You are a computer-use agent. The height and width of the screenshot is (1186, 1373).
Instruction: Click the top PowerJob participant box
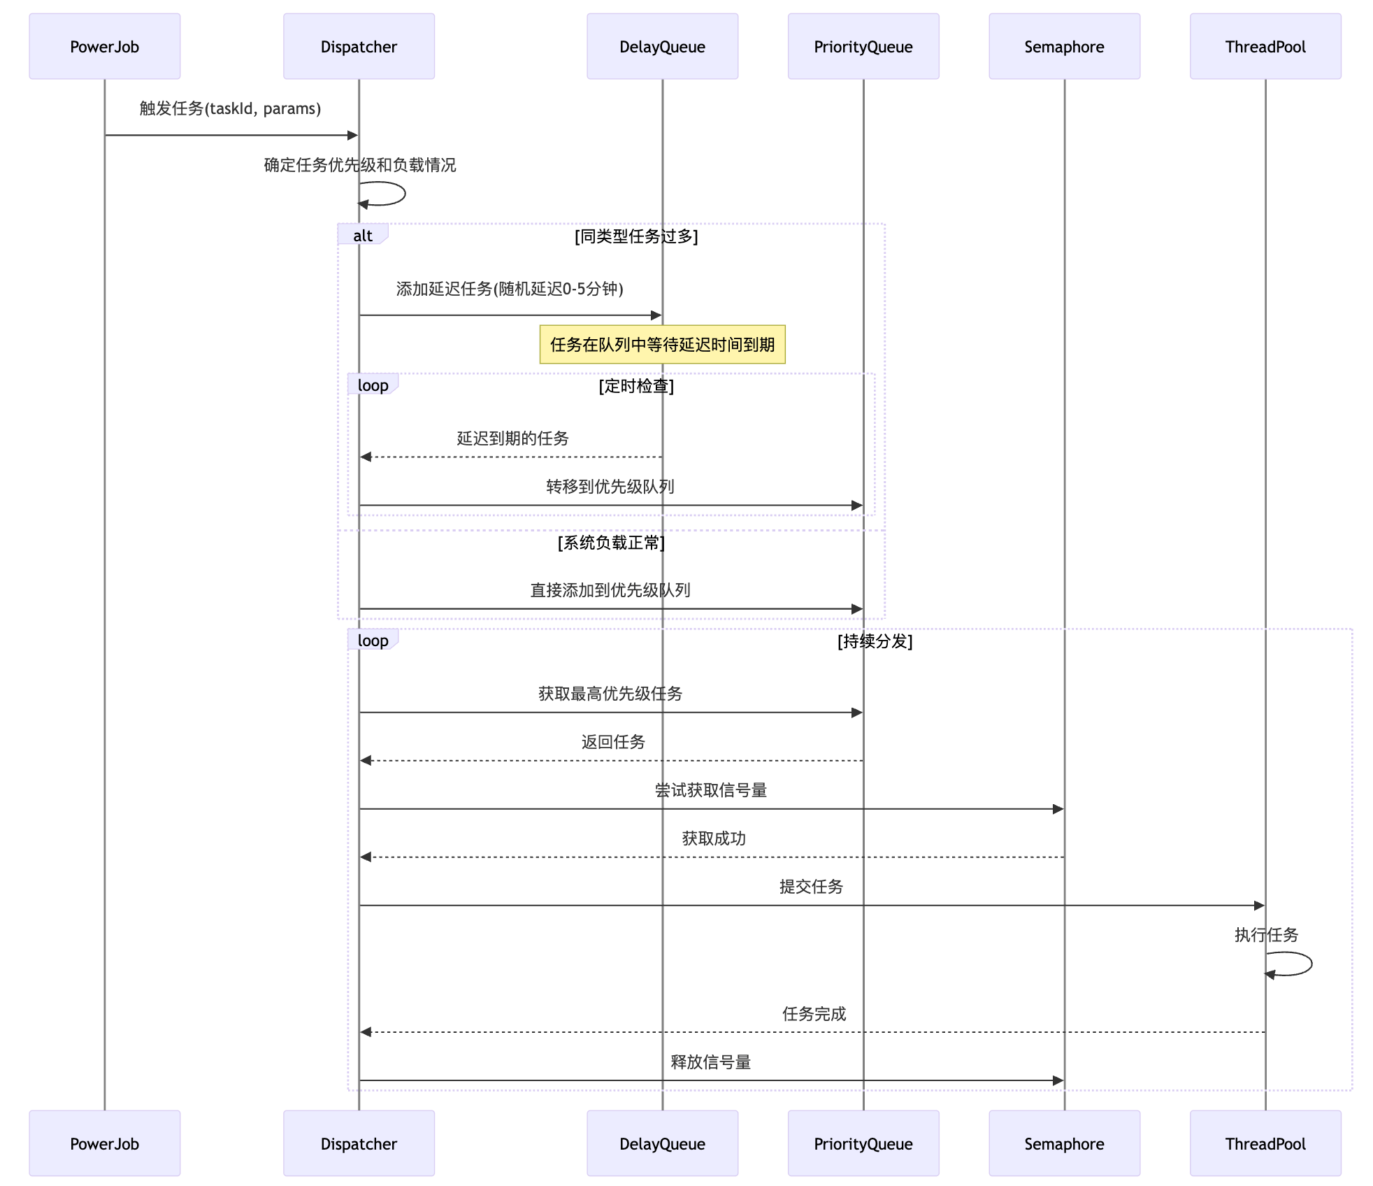(x=105, y=46)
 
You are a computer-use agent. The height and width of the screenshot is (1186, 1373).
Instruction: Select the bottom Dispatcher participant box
(x=359, y=1143)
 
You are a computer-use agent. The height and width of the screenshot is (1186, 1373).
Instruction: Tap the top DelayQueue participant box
(x=662, y=46)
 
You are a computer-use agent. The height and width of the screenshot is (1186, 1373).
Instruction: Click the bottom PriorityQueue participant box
(x=863, y=1143)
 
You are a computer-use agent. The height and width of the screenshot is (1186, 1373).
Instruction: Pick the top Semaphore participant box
(x=1064, y=46)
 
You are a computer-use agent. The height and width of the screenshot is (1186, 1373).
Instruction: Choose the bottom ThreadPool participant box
(x=1265, y=1143)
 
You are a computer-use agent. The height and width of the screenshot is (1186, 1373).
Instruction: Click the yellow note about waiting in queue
(x=662, y=344)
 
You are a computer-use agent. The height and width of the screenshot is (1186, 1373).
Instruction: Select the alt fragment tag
(x=362, y=235)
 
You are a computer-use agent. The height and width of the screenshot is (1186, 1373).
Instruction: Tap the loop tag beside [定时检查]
(x=373, y=385)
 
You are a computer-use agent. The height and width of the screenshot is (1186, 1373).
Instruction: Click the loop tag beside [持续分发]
(x=373, y=640)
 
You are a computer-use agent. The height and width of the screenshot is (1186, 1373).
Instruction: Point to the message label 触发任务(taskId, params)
(x=230, y=108)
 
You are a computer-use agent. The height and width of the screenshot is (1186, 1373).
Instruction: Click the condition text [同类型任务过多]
(x=636, y=236)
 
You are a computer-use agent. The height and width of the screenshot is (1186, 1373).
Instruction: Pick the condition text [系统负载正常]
(x=611, y=542)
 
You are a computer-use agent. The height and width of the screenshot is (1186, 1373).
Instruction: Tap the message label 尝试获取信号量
(x=711, y=790)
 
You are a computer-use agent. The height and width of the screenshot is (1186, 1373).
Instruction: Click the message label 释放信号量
(x=711, y=1062)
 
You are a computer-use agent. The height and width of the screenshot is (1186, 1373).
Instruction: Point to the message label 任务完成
(x=814, y=1013)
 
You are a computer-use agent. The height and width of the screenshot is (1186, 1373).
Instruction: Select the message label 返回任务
(x=613, y=741)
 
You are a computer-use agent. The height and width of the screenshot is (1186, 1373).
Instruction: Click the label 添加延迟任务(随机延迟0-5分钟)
(x=510, y=288)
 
